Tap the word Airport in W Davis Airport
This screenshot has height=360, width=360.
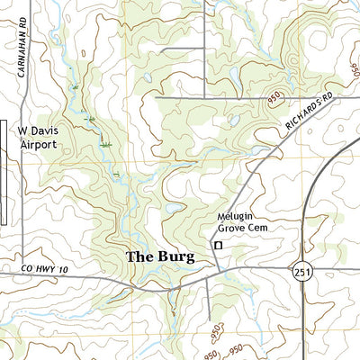coord(39,144)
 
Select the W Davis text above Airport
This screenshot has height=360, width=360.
coord(39,130)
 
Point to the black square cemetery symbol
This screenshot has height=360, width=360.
coord(217,245)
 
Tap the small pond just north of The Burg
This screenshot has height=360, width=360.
coord(171,212)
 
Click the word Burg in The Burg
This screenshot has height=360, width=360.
coord(174,256)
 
